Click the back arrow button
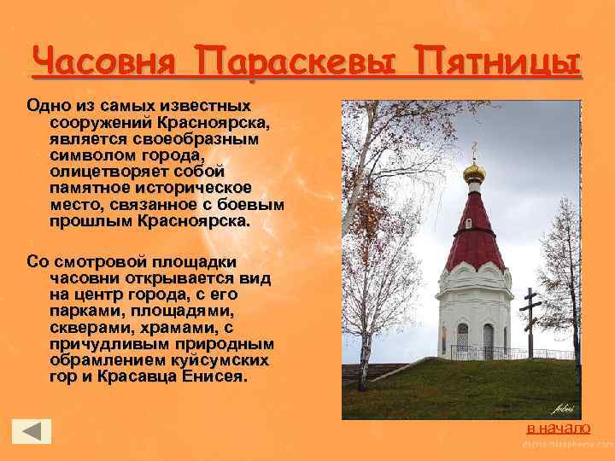[32, 432]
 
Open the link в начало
[558, 427]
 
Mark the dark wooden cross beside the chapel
[530, 320]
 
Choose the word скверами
[86, 327]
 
